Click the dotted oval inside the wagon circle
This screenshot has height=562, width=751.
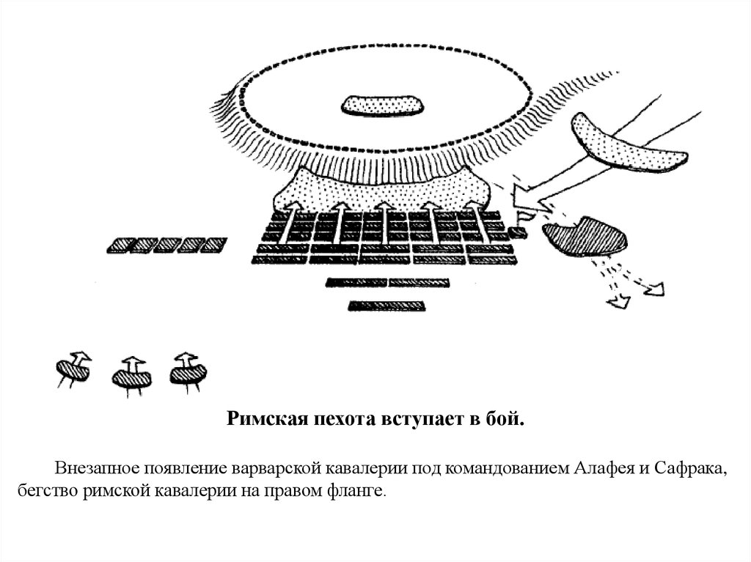click(382, 106)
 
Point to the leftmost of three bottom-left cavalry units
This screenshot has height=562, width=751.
click(73, 369)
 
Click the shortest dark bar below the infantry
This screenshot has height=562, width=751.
click(387, 306)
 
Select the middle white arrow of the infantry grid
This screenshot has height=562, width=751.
click(386, 223)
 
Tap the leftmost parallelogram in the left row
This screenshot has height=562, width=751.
click(119, 245)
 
